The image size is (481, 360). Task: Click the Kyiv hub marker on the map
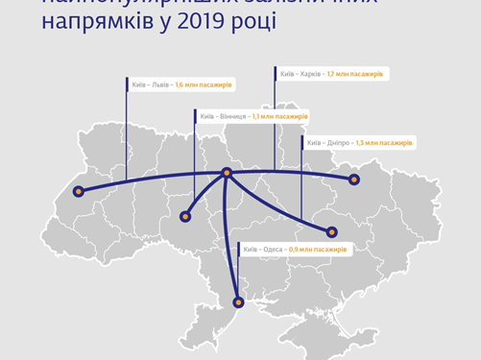click(x=227, y=174)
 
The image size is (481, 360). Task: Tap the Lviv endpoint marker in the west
click(x=80, y=191)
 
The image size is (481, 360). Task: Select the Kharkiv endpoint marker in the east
click(x=352, y=180)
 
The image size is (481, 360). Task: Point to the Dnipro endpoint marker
click(x=332, y=231)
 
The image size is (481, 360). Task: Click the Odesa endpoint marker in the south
click(x=238, y=302)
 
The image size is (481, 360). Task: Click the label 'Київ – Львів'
click(x=152, y=84)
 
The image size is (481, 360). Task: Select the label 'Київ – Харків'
click(x=301, y=73)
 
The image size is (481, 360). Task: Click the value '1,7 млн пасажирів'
click(x=355, y=73)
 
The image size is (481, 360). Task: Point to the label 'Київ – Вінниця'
click(x=224, y=116)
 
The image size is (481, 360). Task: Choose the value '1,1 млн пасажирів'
click(x=279, y=116)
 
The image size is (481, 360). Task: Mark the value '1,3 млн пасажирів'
click(x=384, y=142)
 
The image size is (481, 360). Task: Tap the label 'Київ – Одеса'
click(x=265, y=249)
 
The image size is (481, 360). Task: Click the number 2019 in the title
click(x=204, y=19)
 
